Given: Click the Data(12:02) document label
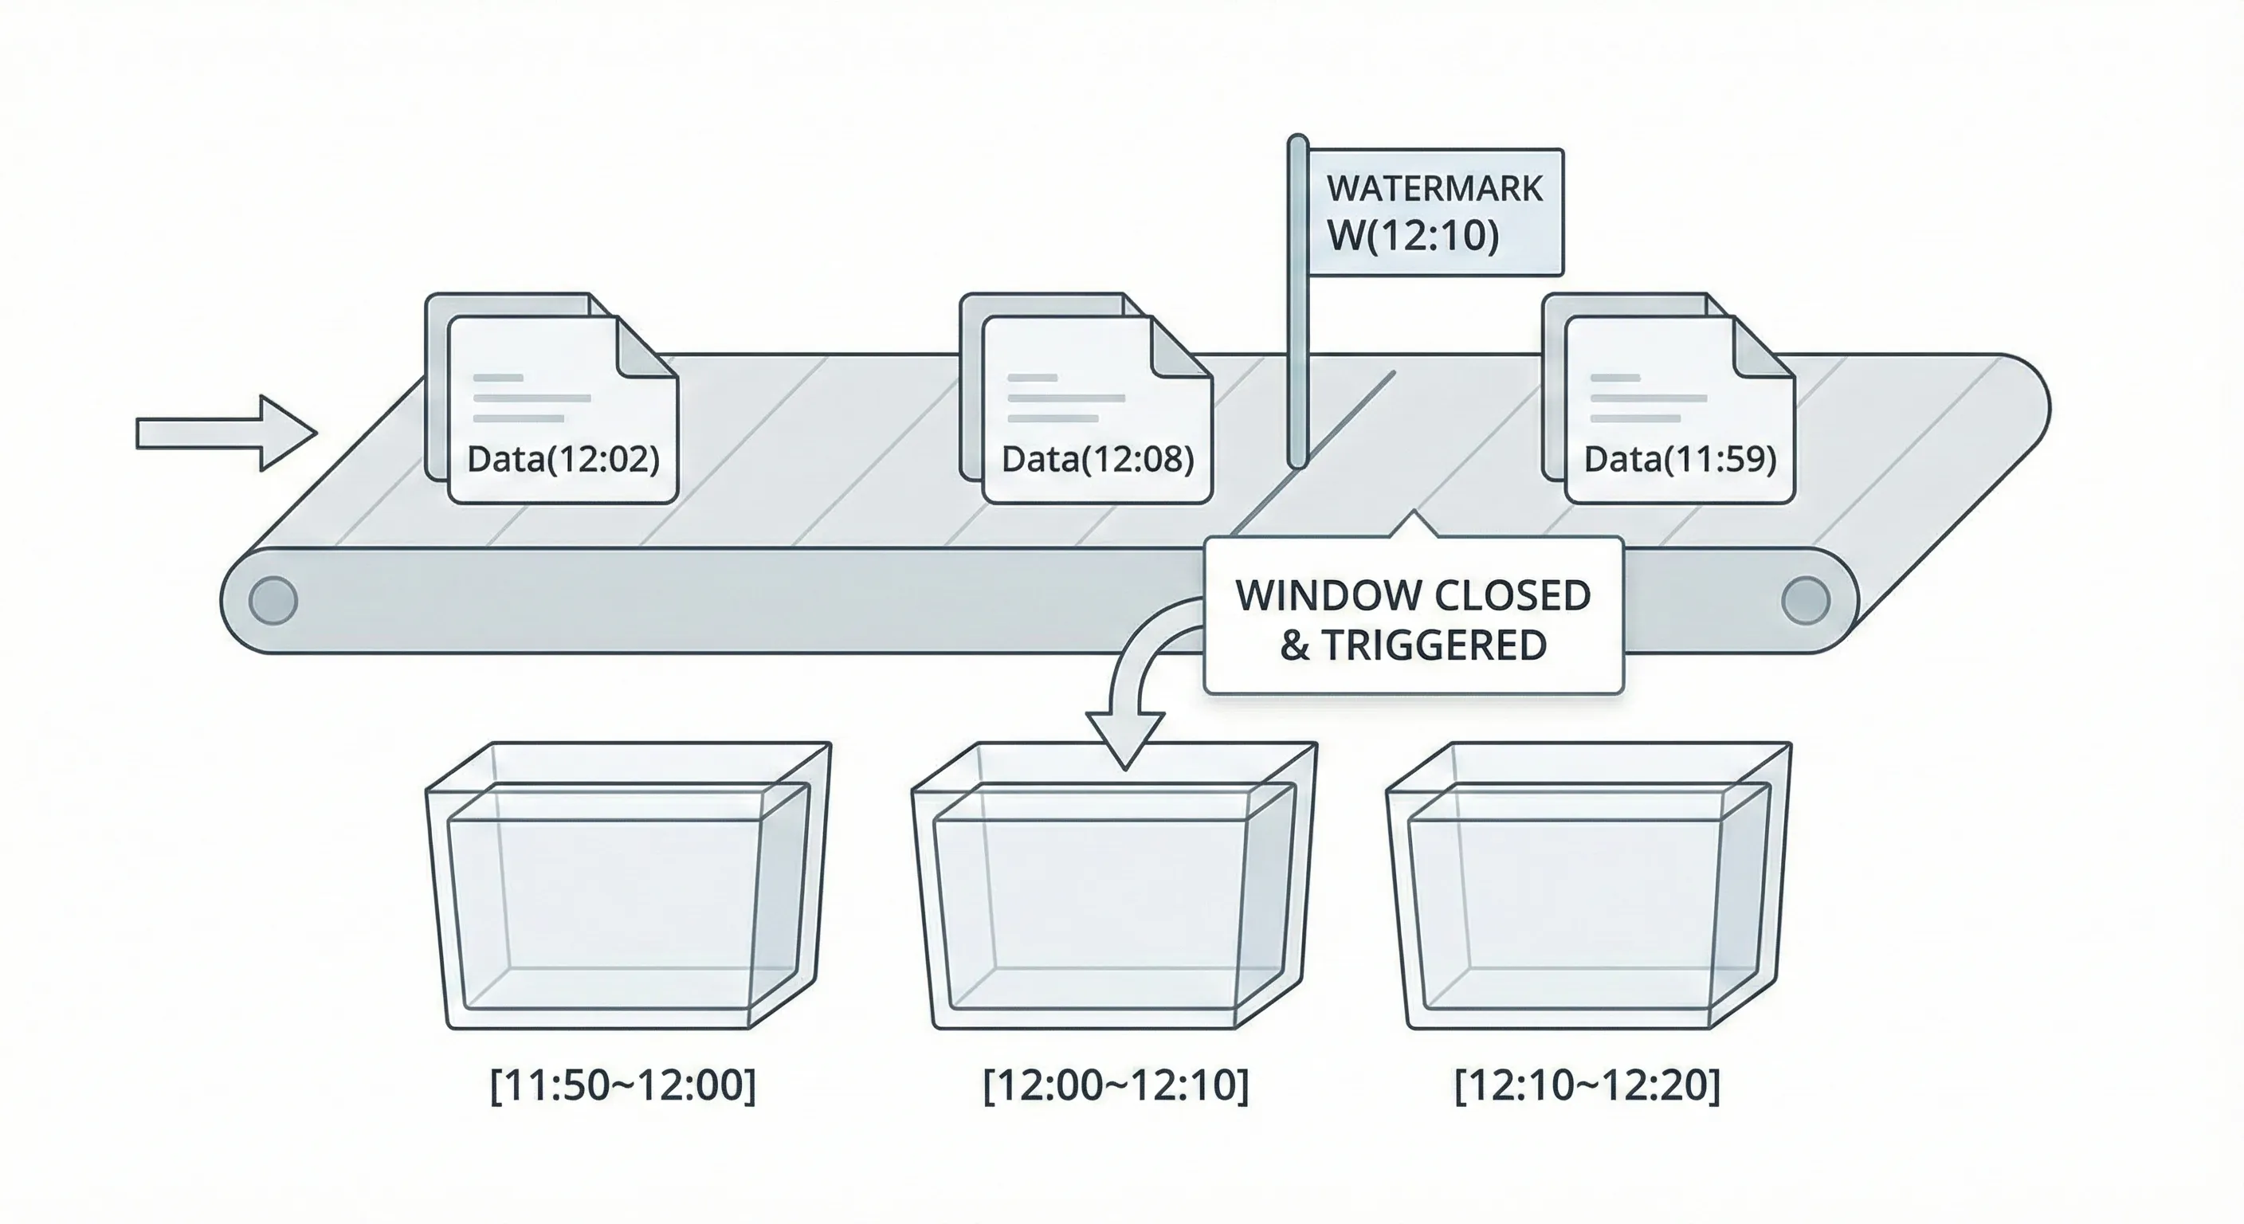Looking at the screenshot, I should click(563, 459).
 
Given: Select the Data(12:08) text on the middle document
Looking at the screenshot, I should click(1097, 459).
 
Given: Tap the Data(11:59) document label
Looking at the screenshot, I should click(1680, 459).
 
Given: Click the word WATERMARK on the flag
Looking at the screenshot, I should click(1434, 189).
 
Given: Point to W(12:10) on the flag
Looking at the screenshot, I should click(1413, 235).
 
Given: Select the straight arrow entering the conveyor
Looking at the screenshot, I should click(226, 433).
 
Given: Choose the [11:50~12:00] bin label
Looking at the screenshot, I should click(623, 1085).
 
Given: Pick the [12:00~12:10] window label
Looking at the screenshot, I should click(1115, 1085).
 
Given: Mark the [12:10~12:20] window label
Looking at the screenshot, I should click(1587, 1085).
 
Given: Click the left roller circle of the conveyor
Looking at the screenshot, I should click(273, 600).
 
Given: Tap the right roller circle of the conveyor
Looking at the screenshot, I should click(1805, 600).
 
